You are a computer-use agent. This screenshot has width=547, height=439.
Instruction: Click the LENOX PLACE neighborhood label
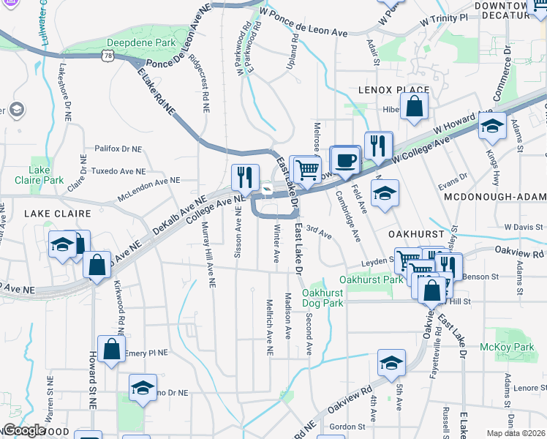pyautogui.click(x=393, y=90)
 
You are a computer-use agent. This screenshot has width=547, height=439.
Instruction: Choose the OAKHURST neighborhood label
pyautogui.click(x=417, y=233)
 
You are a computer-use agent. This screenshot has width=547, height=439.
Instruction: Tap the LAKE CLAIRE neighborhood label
pyautogui.click(x=58, y=214)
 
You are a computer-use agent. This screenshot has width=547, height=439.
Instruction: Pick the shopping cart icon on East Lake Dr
pyautogui.click(x=308, y=170)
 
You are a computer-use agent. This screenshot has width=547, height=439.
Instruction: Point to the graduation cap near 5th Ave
pyautogui.click(x=391, y=363)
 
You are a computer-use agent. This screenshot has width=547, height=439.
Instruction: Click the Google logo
pyautogui.click(x=24, y=430)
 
